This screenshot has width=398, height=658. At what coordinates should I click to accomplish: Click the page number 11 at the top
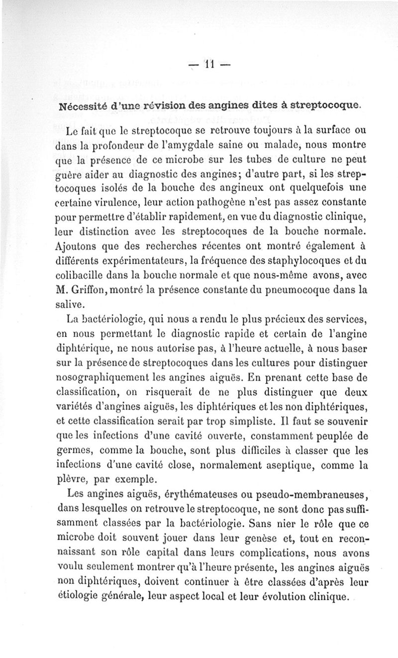tap(208, 64)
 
